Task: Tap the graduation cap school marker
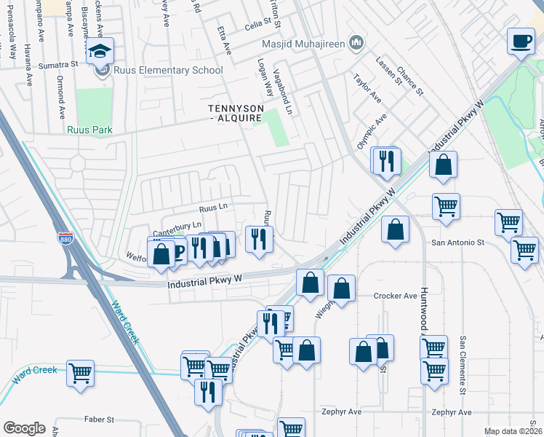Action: point(100,51)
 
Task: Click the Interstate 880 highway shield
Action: point(65,237)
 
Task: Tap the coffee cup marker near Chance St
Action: point(521,41)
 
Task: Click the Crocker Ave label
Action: point(395,296)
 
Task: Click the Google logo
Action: point(24,428)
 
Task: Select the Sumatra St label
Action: point(59,64)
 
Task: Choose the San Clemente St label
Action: point(463,364)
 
